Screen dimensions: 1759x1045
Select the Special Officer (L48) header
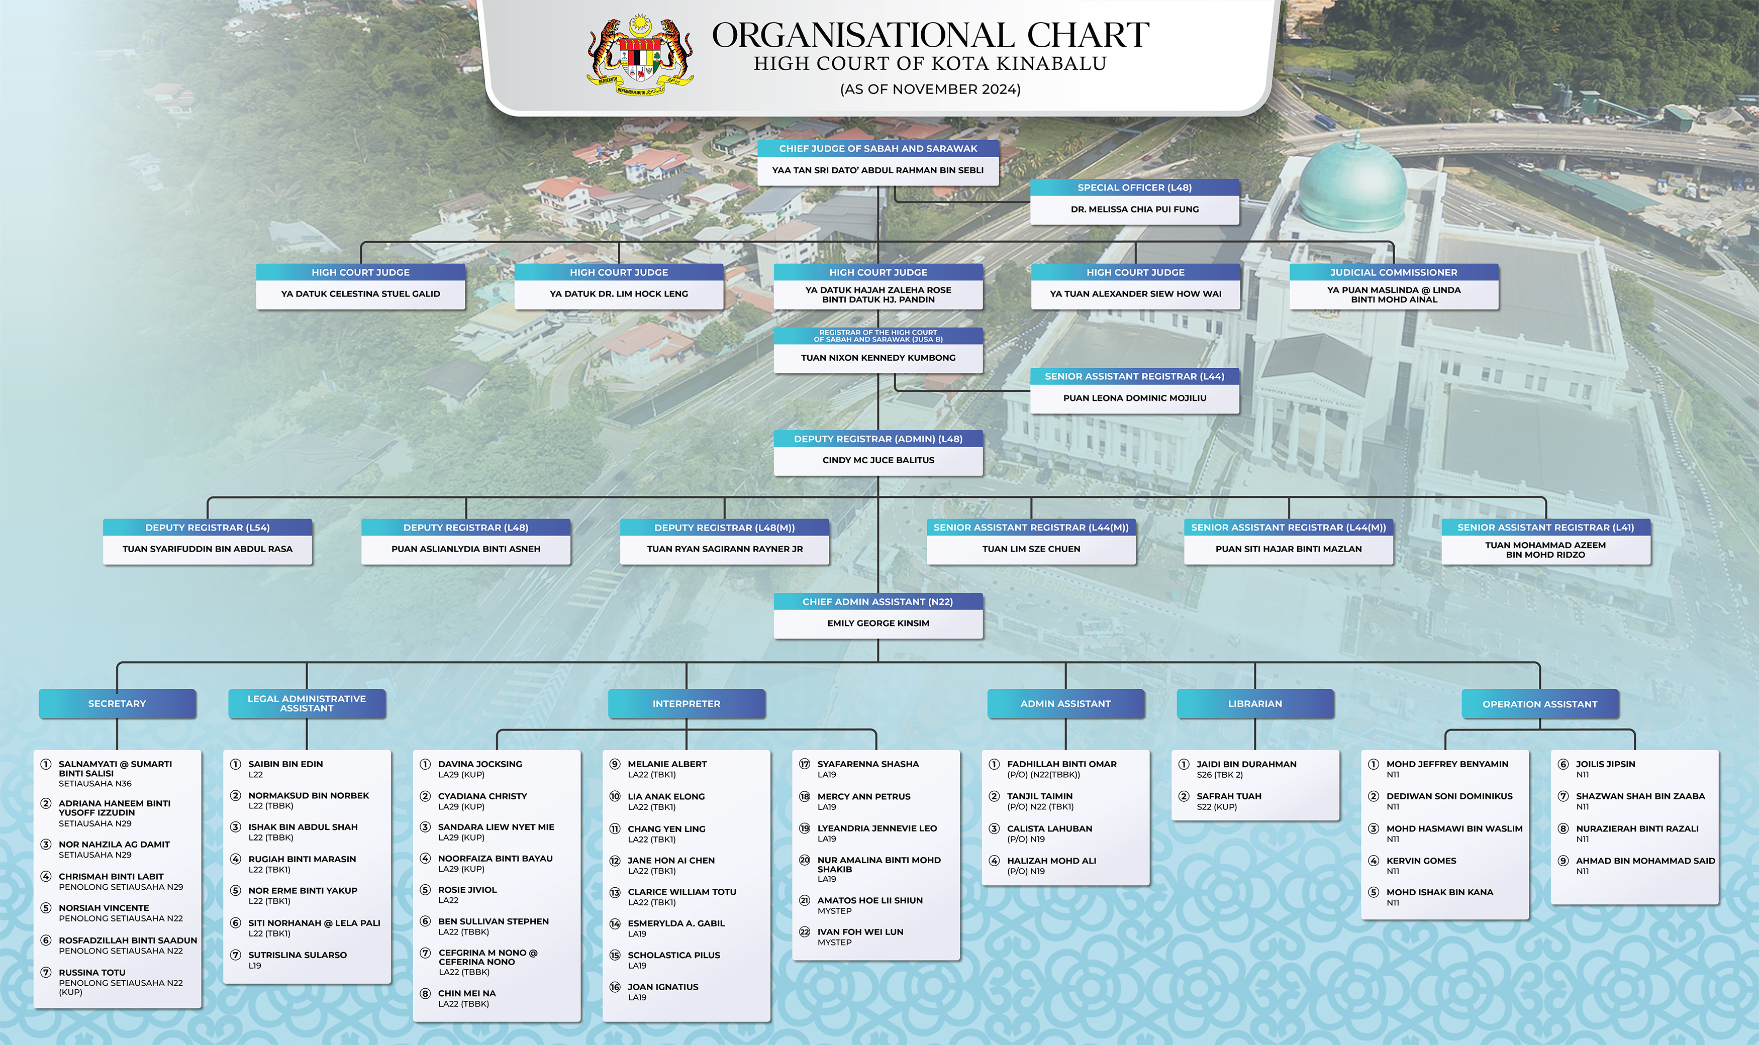click(x=1134, y=187)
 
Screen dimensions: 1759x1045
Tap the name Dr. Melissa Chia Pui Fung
click(x=1134, y=209)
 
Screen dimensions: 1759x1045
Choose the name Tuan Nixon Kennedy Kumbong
click(x=877, y=358)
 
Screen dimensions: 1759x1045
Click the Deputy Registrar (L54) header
click(x=207, y=528)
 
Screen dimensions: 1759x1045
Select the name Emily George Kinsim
click(x=877, y=623)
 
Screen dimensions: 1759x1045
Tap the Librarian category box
click(x=1254, y=703)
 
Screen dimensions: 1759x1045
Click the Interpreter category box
click(x=686, y=703)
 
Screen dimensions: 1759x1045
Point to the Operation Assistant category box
click(x=1540, y=703)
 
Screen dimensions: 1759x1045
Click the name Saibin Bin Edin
click(x=285, y=764)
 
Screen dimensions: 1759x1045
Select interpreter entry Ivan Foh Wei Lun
click(x=860, y=931)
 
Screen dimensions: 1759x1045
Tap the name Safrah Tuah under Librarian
click(x=1229, y=796)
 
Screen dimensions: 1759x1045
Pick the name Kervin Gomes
click(x=1421, y=861)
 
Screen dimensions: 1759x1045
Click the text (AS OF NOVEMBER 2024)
click(x=930, y=89)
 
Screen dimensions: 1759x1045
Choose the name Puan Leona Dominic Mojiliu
click(x=1134, y=398)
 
